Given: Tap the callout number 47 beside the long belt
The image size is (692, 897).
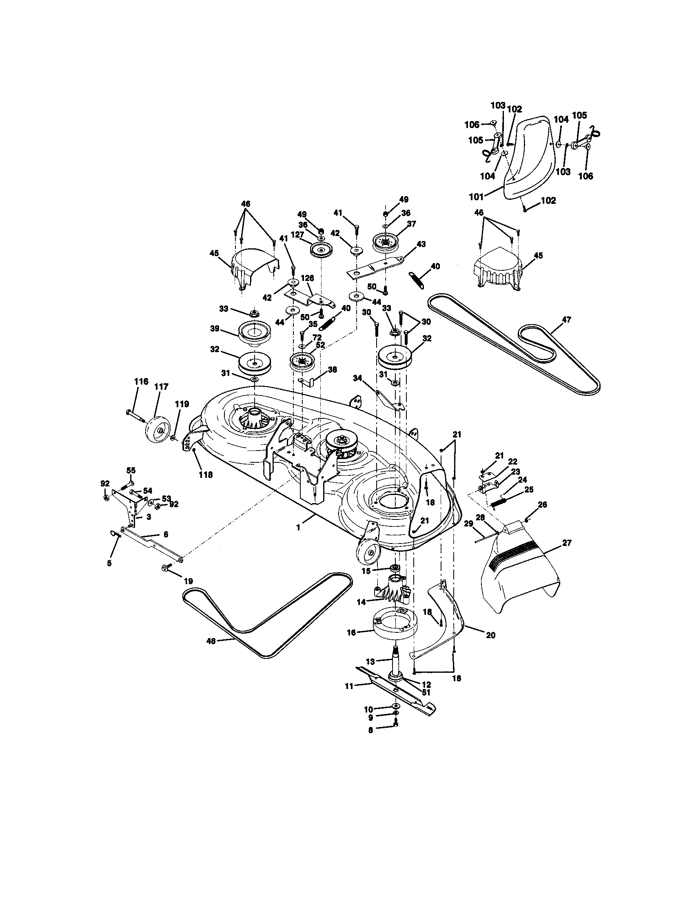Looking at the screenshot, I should coord(566,320).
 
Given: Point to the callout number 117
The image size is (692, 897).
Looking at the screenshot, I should coord(161,387).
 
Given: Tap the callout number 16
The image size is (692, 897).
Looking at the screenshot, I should coord(351,633).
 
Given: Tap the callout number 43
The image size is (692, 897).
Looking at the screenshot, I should coord(421,244).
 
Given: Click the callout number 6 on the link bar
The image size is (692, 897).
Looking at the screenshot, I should coord(165,535).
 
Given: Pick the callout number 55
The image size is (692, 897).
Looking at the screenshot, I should coord(131,470).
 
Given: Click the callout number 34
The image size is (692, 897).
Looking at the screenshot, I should coord(358,378).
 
